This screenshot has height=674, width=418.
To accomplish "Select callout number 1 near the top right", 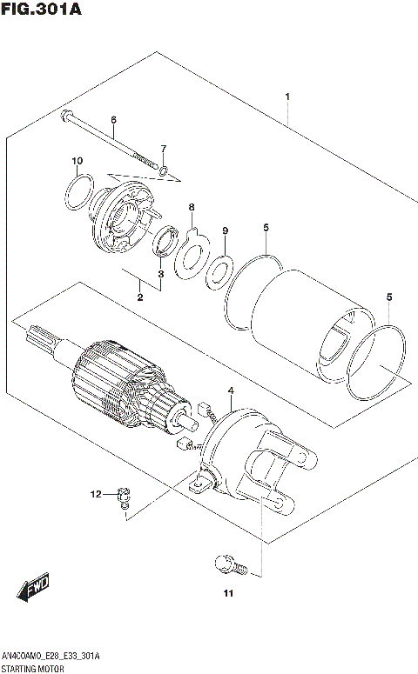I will (287, 97).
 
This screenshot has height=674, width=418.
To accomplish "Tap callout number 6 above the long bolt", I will (113, 120).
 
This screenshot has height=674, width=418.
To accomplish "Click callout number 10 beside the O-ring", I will (77, 161).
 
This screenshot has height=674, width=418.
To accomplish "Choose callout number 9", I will (225, 230).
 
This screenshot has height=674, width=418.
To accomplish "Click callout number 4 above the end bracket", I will (231, 392).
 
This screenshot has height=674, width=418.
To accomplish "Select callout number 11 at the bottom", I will (227, 594).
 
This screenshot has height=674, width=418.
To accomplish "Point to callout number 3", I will (160, 274).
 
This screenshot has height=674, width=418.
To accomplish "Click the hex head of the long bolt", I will (67, 115).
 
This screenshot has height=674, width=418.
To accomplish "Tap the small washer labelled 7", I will (163, 169).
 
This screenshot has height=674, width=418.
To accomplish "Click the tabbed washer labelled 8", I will (191, 250).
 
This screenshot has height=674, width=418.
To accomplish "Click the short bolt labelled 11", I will (224, 564).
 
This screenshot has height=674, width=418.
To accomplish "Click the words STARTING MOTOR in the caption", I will (33, 667).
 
